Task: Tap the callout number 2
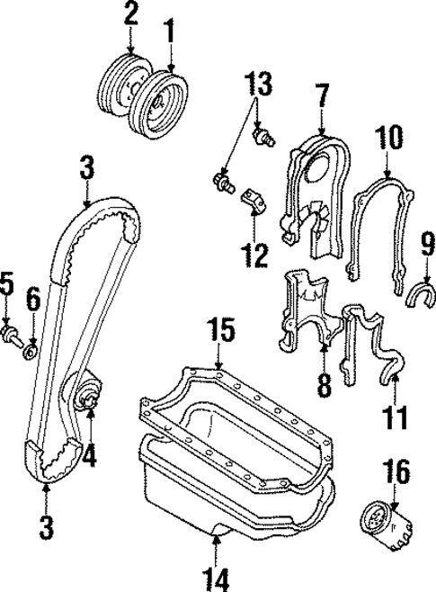tap(131, 14)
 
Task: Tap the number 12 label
tap(255, 255)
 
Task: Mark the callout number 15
tap(220, 329)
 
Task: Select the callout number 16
tap(399, 471)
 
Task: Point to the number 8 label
tap(325, 385)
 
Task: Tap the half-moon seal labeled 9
tap(422, 293)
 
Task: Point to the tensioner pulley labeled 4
tap(89, 396)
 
